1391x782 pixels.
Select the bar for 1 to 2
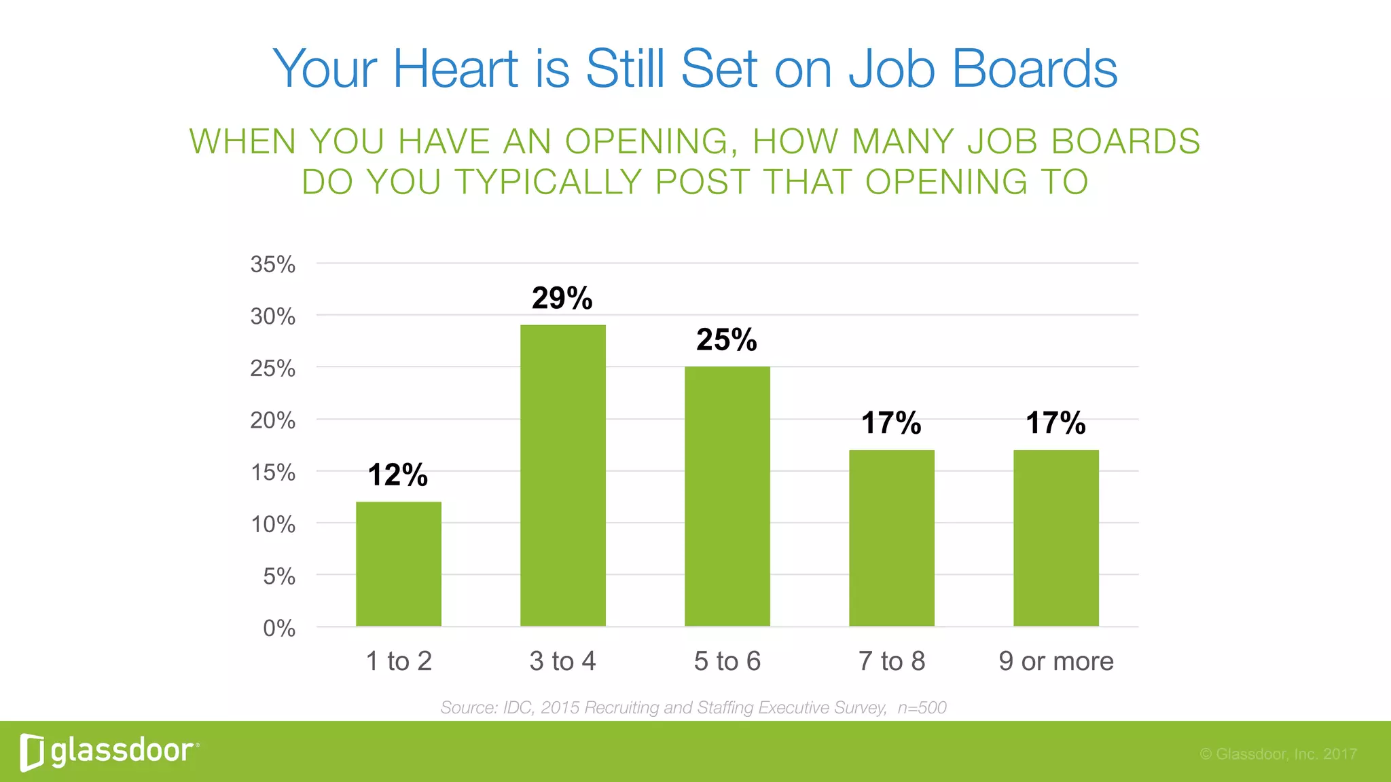[399, 563]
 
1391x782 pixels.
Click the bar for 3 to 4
[563, 475]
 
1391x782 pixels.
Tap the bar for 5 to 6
[727, 496]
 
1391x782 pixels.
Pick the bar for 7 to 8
[892, 538]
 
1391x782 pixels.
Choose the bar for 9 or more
[1056, 538]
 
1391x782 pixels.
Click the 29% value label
[562, 298]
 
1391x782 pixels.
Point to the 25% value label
[727, 339]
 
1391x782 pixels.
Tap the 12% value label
[398, 474]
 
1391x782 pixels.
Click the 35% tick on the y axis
[273, 264]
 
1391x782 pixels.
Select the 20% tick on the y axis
[273, 420]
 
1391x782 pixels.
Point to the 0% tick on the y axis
[279, 629]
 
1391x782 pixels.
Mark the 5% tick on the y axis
[279, 576]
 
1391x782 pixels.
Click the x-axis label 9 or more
[1056, 661]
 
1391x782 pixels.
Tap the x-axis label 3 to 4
[563, 661]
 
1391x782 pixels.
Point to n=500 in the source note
[922, 707]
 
